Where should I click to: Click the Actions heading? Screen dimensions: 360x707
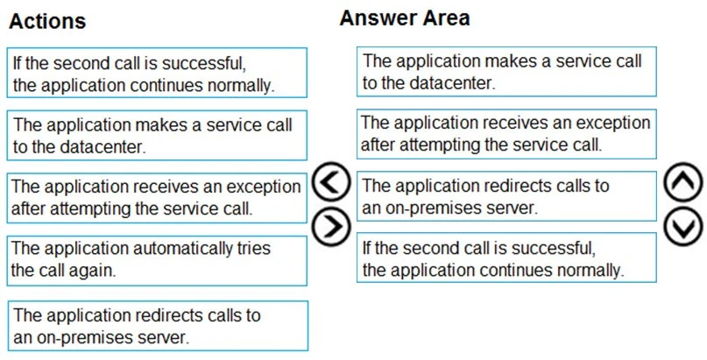47,21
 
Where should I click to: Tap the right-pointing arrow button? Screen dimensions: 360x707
330,226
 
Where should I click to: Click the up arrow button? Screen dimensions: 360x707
682,185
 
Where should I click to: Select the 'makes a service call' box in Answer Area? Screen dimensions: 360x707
506,72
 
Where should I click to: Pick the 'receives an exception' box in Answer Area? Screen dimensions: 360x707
506,133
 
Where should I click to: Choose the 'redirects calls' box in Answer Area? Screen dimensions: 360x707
506,196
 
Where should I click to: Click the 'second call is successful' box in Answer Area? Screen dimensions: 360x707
506,258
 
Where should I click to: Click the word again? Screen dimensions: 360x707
93,271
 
